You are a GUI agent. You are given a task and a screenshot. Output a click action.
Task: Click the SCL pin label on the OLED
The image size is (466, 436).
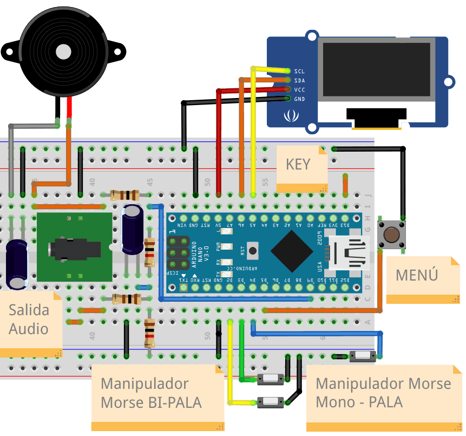click(x=299, y=71)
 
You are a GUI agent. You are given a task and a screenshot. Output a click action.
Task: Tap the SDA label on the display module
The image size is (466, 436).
click(x=299, y=80)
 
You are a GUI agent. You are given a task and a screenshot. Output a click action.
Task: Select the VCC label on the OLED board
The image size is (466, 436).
click(x=299, y=89)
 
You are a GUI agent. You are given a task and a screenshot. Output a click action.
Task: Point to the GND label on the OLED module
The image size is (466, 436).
click(x=299, y=99)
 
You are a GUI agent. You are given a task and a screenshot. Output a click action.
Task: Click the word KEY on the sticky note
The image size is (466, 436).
click(x=298, y=164)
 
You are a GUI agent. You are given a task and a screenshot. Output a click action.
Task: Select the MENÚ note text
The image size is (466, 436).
click(x=416, y=275)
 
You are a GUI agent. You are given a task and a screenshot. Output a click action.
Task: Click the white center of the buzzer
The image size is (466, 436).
click(x=64, y=51)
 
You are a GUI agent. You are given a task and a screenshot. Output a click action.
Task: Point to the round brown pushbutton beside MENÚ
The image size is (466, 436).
click(x=392, y=235)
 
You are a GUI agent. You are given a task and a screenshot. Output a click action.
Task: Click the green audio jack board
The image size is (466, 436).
click(x=74, y=247)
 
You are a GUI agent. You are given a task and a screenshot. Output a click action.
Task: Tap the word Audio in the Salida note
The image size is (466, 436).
click(x=29, y=329)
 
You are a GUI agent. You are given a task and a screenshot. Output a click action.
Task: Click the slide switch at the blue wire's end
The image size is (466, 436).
click(x=363, y=356)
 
